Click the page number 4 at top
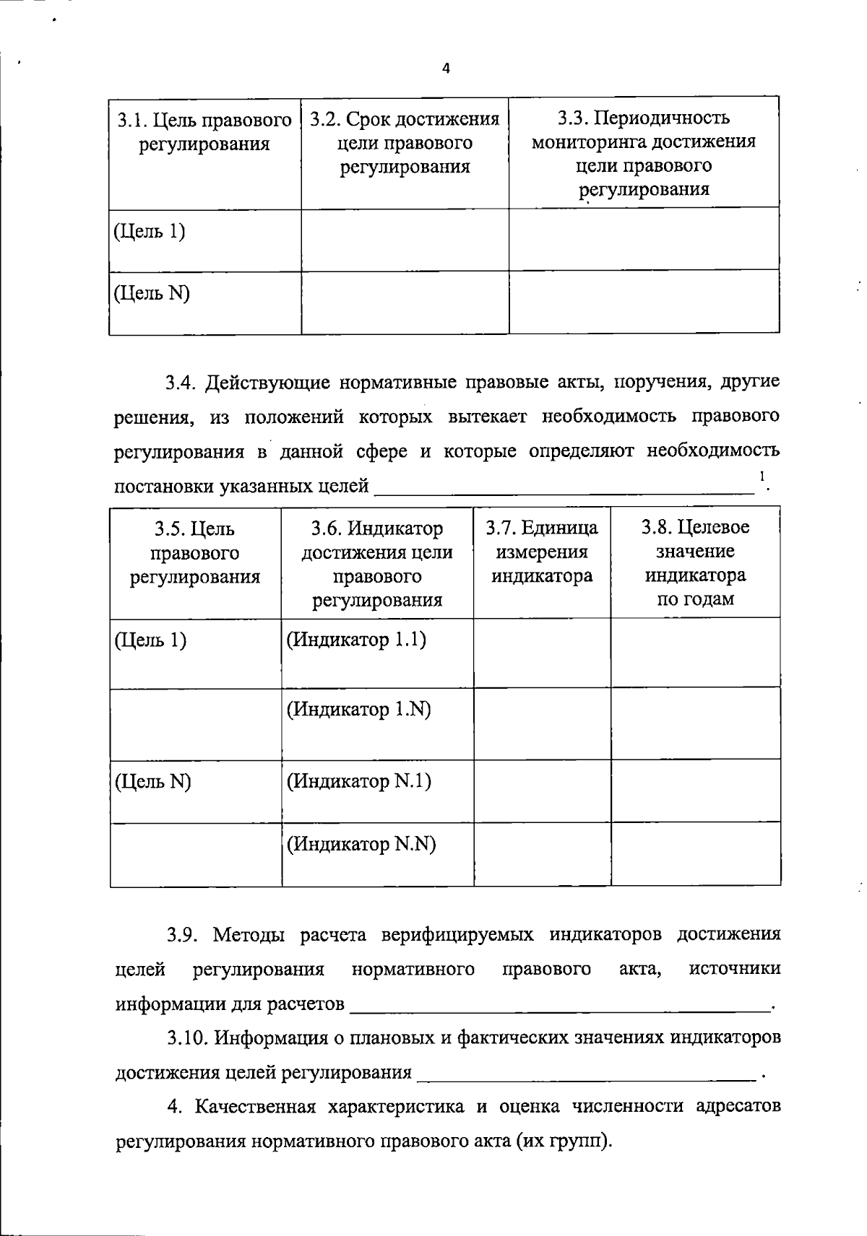pyautogui.click(x=446, y=69)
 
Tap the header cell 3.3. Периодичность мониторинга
pyautogui.click(x=644, y=153)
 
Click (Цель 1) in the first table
pyautogui.click(x=150, y=232)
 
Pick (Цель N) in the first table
pyautogui.click(x=152, y=293)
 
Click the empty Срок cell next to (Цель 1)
pyautogui.click(x=405, y=240)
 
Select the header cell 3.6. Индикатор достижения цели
pyautogui.click(x=377, y=564)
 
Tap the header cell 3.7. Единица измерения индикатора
pyautogui.click(x=542, y=552)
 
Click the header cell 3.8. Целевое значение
pyautogui.click(x=696, y=563)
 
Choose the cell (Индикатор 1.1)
pyautogui.click(x=356, y=640)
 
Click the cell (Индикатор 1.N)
pyautogui.click(x=358, y=710)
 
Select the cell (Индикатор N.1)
pyautogui.click(x=359, y=781)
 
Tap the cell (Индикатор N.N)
pyautogui.click(x=361, y=844)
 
